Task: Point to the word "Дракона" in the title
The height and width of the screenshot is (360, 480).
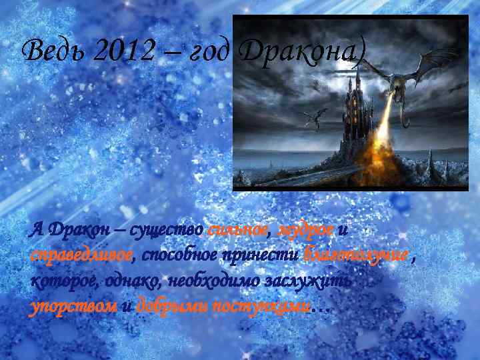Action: (x=297, y=51)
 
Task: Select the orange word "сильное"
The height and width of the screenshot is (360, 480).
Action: (x=237, y=231)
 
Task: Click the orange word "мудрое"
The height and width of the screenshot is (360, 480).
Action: (x=305, y=231)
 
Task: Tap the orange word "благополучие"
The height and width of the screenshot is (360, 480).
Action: (x=357, y=256)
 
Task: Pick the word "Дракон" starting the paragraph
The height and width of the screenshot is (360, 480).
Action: (x=73, y=231)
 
